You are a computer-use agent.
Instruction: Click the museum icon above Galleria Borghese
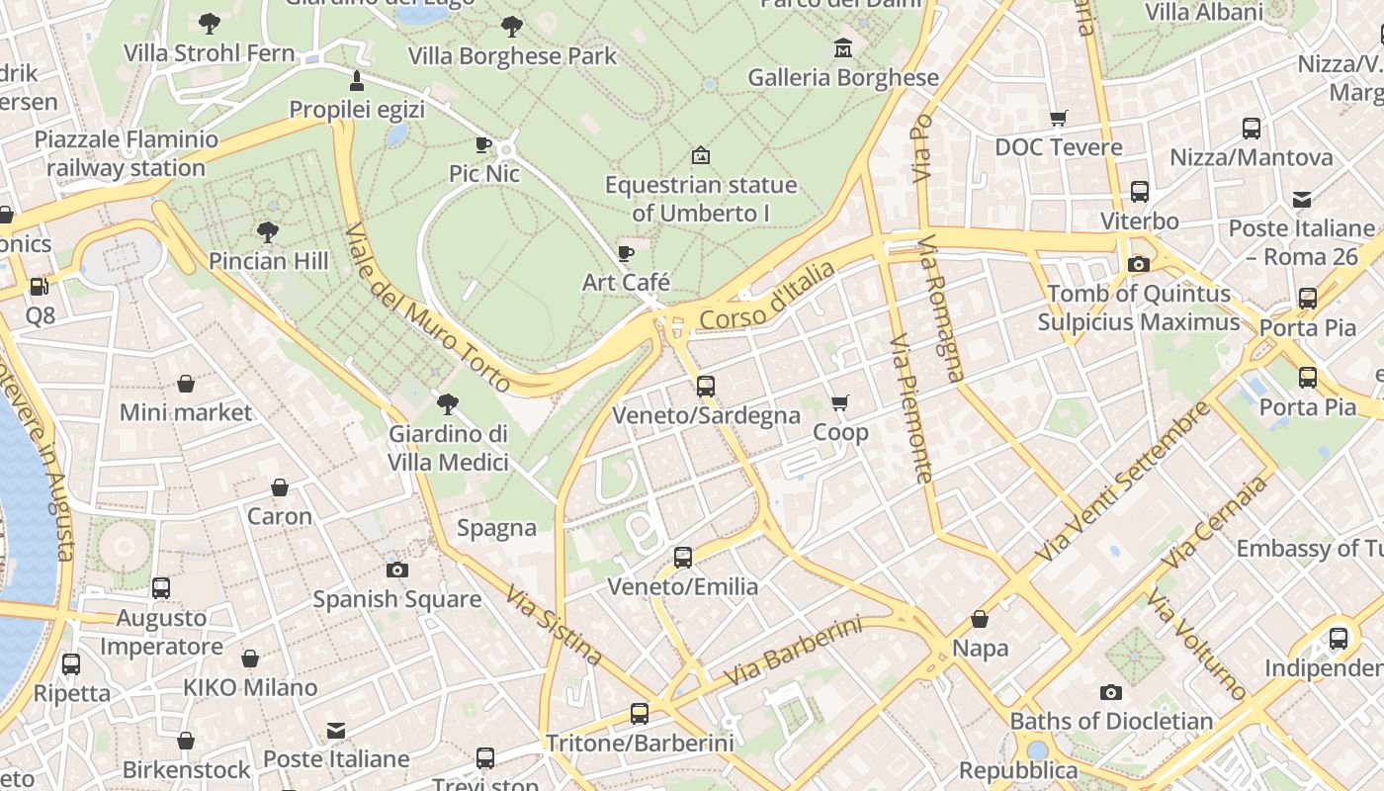(x=842, y=47)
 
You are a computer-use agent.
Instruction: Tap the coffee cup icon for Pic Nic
(x=483, y=144)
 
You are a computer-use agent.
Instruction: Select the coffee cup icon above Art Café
(x=626, y=253)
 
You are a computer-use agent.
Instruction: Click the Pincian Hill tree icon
(x=267, y=232)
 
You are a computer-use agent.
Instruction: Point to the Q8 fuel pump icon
(x=40, y=287)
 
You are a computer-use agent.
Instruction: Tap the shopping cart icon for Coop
(x=840, y=402)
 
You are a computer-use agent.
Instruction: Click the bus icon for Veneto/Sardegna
(x=706, y=386)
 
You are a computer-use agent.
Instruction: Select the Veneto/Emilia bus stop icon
(x=683, y=557)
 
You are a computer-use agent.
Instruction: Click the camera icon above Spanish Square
(x=397, y=570)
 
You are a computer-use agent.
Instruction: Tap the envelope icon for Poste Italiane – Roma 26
(x=1302, y=200)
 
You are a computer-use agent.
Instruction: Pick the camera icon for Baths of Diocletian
(x=1111, y=692)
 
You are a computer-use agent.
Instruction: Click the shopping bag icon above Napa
(x=980, y=619)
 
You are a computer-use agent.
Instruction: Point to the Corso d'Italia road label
(x=767, y=296)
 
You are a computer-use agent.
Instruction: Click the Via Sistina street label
(x=554, y=625)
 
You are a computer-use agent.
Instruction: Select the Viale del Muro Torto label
(x=427, y=308)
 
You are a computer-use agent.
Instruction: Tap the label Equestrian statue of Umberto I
(x=701, y=199)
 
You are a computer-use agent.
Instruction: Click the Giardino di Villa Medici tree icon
(x=448, y=403)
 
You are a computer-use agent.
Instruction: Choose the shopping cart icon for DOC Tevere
(x=1059, y=119)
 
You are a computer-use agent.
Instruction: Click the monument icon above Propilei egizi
(x=357, y=80)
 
